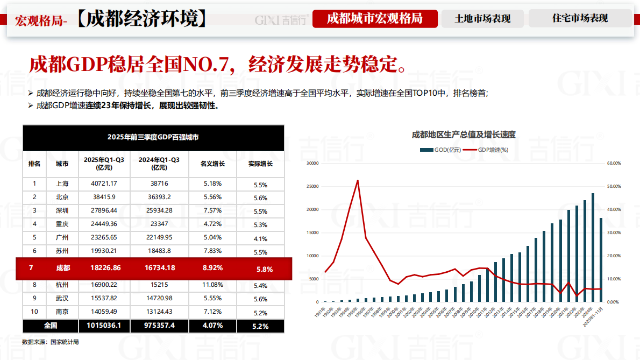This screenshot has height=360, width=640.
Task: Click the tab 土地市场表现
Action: (482, 19)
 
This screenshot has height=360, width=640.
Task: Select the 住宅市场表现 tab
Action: (580, 18)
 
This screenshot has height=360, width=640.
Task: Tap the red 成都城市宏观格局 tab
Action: (375, 19)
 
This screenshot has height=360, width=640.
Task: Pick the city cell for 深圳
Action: (62, 210)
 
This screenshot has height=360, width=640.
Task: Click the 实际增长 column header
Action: (260, 164)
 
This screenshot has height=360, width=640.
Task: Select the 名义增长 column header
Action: (212, 164)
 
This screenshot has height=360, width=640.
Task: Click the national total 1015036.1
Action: (104, 326)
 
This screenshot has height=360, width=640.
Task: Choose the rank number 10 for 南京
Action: (34, 312)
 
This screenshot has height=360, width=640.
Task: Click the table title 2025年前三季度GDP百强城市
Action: (153, 137)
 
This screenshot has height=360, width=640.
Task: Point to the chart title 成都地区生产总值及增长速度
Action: (464, 135)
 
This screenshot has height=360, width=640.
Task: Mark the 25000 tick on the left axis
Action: (312, 186)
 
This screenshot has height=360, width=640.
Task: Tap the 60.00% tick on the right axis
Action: (614, 163)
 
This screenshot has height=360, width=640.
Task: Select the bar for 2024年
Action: (593, 248)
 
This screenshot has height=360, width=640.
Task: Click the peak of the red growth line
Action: (358, 180)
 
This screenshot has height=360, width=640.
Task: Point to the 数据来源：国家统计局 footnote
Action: (51, 342)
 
